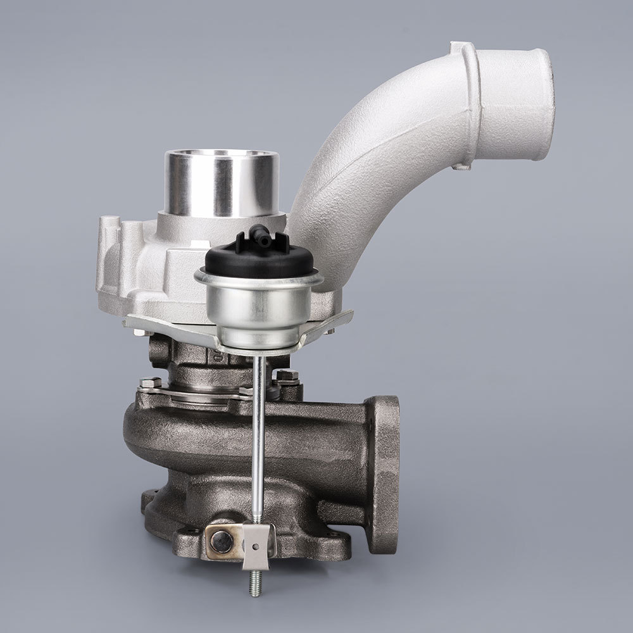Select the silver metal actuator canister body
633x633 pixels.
[259, 306]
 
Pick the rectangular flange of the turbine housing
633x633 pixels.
[384, 472]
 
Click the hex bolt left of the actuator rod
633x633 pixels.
[149, 382]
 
